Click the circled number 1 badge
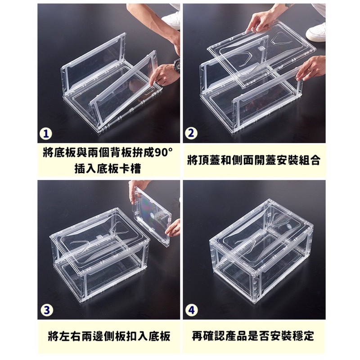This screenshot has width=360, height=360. click(x=46, y=134)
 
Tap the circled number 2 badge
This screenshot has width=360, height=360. click(x=192, y=133)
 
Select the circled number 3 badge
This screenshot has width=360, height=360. click(x=47, y=310)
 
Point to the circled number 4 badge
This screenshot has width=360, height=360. click(x=192, y=310)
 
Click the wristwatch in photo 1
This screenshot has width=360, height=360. click(x=176, y=66)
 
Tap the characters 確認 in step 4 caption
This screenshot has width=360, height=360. click(x=214, y=336)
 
